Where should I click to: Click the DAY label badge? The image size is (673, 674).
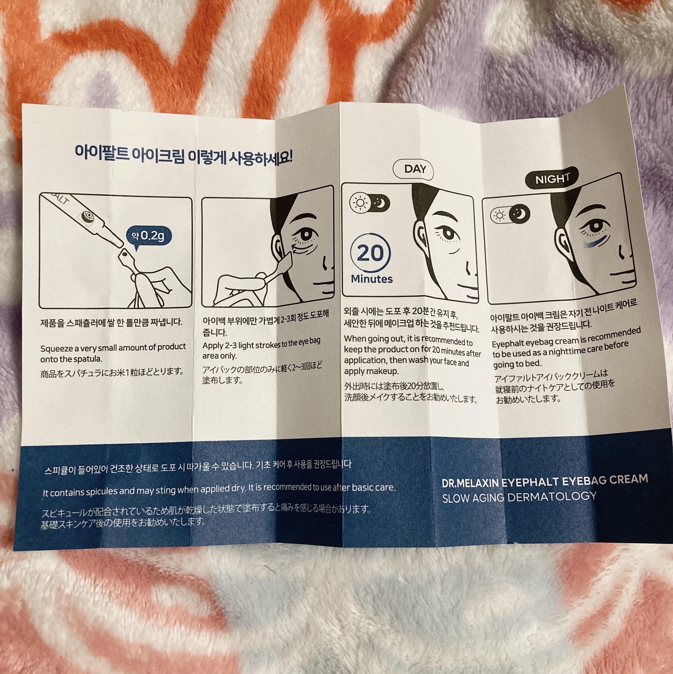413,170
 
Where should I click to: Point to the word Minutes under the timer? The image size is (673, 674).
371,279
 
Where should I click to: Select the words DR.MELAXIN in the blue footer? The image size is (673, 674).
470,483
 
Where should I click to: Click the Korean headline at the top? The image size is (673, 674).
183,156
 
